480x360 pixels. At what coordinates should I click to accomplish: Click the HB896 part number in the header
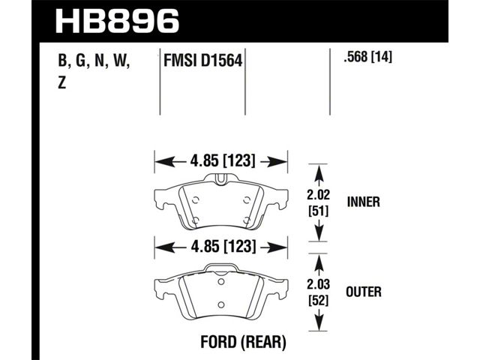117,21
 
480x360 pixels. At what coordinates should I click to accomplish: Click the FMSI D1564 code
203,60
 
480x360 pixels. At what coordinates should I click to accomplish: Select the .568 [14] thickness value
367,57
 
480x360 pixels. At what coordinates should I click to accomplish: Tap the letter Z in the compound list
61,82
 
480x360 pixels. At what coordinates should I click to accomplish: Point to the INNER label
363,202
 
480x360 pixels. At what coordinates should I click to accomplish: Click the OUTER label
364,292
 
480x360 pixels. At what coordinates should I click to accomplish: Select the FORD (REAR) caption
243,342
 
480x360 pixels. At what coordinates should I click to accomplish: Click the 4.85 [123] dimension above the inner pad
223,160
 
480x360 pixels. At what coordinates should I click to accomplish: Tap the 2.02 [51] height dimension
319,203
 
